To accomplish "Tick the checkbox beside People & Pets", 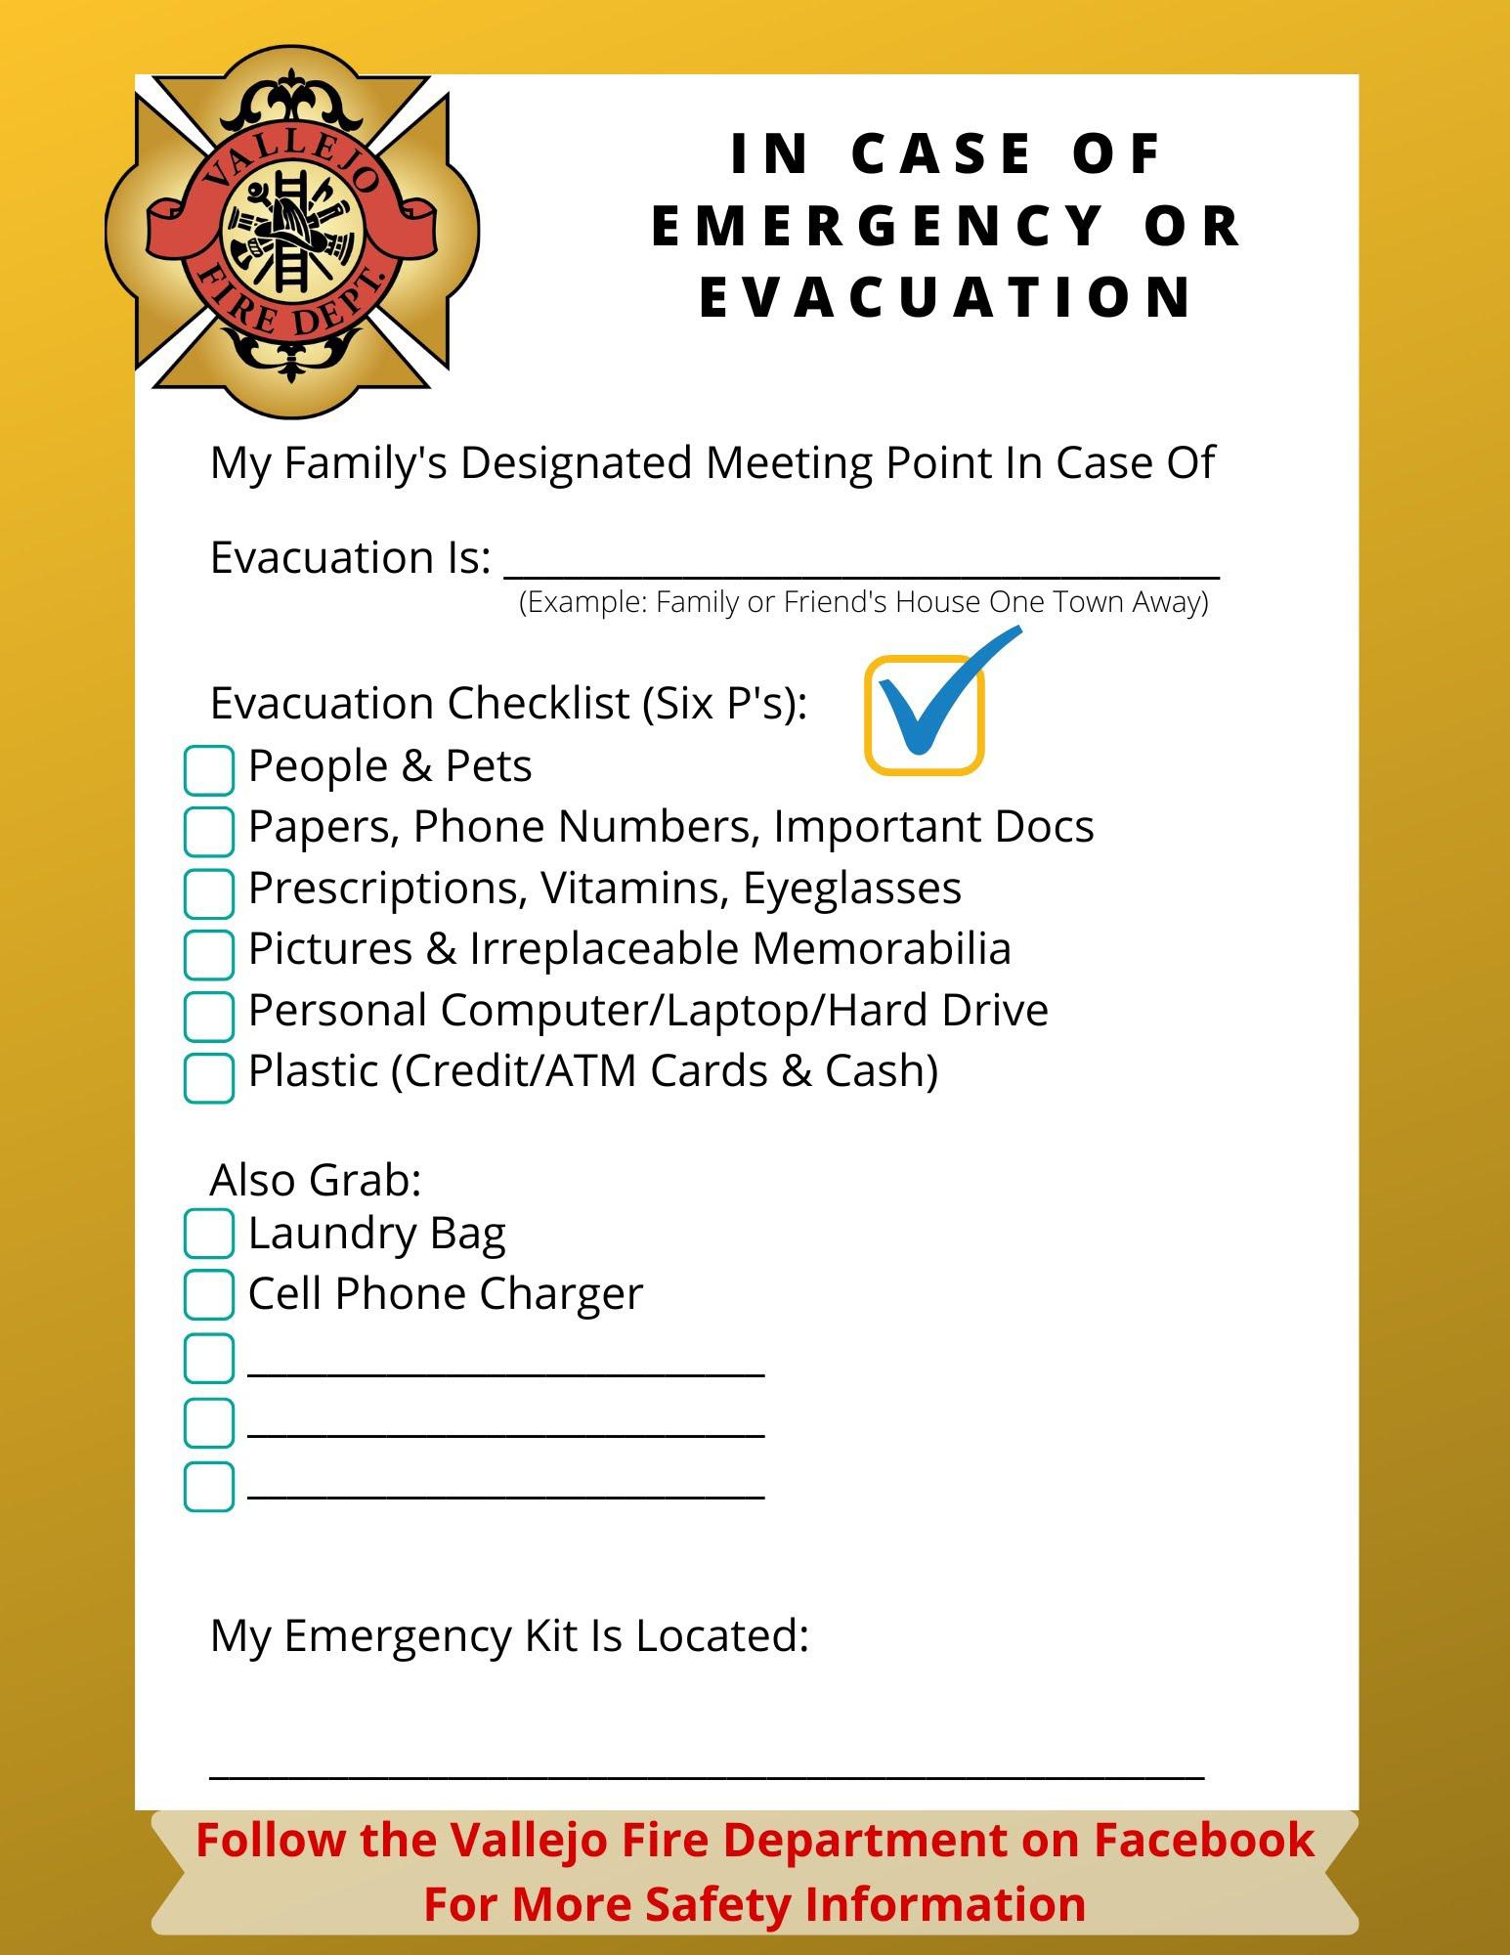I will pos(208,770).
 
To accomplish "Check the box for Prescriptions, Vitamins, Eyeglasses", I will pos(208,893).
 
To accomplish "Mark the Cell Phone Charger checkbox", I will pos(208,1294).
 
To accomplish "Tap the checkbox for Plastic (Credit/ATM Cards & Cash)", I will pos(208,1077).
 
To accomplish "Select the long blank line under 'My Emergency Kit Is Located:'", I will pos(706,1770).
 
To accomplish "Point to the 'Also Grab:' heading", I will pos(315,1180).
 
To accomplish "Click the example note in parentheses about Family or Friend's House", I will pos(863,601).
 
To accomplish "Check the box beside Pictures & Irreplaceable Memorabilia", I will pos(208,954).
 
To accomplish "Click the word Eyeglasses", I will pos(851,888).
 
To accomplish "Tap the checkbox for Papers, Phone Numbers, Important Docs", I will pos(208,831).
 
